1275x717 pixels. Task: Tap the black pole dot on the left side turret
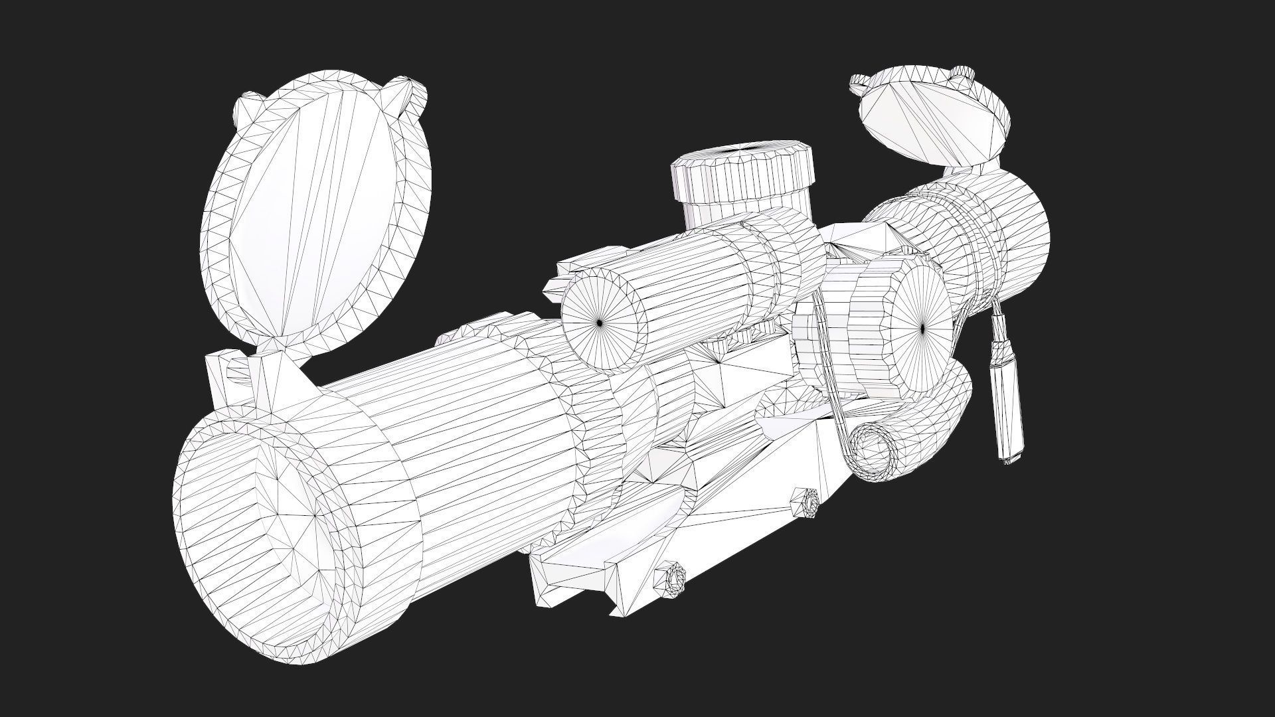point(600,323)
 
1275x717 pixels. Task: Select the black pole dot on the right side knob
point(923,327)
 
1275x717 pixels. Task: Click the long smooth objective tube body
point(485,425)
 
